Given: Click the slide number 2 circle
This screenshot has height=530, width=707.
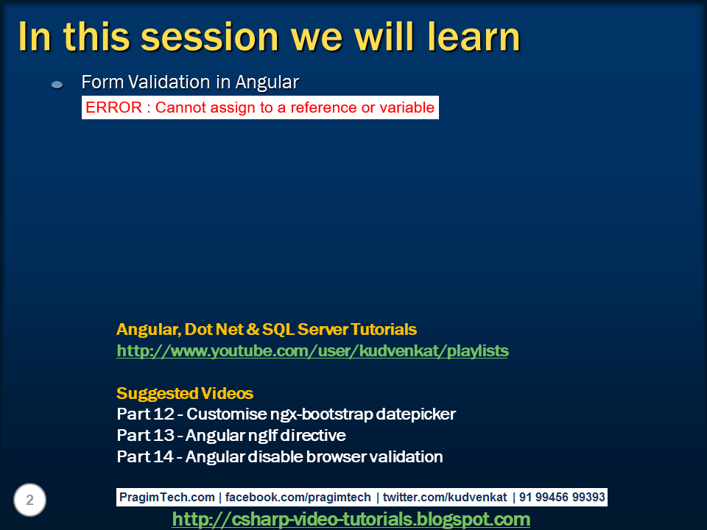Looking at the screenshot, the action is [29, 500].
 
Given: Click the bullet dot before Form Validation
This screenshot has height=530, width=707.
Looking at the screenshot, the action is [57, 84].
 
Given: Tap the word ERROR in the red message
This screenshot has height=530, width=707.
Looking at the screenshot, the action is [113, 107].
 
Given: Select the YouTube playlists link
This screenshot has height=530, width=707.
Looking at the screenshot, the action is [312, 351].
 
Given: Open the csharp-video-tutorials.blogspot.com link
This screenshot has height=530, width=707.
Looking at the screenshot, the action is [351, 519].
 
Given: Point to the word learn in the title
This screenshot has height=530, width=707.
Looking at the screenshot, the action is [474, 37].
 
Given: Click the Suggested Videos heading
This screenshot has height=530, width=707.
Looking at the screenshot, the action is [185, 393].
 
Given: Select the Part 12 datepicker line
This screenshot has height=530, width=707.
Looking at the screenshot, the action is [286, 414].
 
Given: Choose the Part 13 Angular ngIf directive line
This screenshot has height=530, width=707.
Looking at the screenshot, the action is [231, 435].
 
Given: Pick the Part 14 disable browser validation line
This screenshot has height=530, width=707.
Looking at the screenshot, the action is [280, 456].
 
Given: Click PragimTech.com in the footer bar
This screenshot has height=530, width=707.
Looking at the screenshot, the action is [167, 497].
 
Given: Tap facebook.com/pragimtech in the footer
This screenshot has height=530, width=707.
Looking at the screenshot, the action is [298, 497].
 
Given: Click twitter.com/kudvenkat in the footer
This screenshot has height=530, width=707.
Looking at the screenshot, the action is [445, 497].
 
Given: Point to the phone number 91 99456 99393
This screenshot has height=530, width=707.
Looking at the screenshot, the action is [562, 497].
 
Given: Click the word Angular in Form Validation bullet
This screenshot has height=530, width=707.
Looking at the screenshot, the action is [267, 82].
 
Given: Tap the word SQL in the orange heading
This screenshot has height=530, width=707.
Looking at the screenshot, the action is [278, 330].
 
